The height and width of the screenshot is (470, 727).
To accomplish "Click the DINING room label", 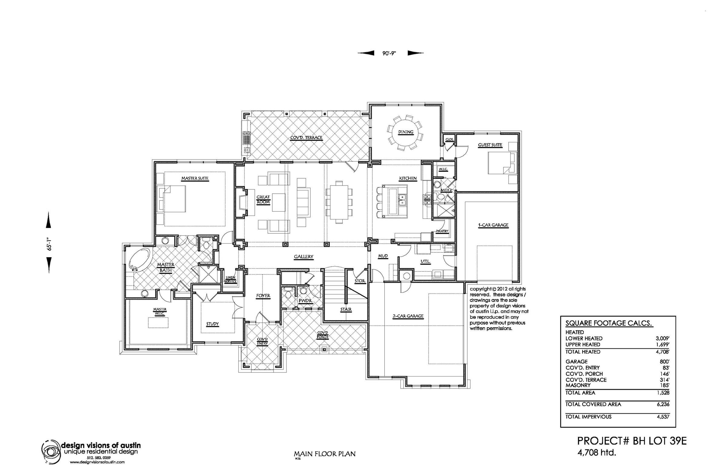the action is click(x=406, y=132).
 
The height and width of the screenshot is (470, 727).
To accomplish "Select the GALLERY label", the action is click(x=304, y=257).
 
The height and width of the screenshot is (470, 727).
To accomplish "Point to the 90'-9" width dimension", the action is click(x=389, y=53).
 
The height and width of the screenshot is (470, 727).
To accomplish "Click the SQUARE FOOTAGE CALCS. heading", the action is click(x=609, y=324).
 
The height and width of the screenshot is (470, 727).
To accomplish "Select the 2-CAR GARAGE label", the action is click(x=408, y=316).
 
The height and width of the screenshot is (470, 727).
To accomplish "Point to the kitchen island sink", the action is click(x=402, y=200).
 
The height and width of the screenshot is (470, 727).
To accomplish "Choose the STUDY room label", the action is click(x=212, y=324).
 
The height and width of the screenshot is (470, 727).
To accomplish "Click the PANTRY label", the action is click(x=442, y=231).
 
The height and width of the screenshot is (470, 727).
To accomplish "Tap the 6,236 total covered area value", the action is click(x=663, y=404).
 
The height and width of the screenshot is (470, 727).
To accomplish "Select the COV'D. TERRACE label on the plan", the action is click(x=306, y=138).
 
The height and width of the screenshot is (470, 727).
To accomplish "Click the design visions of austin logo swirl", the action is click(x=51, y=451).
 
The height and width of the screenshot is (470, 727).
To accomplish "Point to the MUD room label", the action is click(x=383, y=256).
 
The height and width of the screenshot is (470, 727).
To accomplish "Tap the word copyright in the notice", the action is click(x=480, y=289).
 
